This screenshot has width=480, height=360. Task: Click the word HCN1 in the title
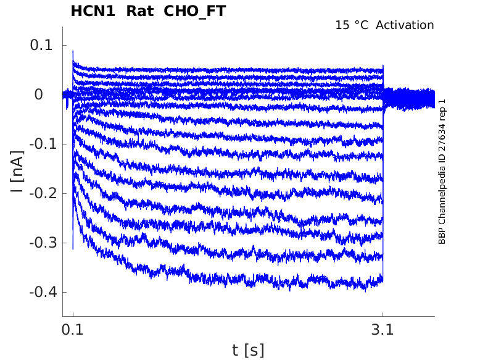tap(93, 11)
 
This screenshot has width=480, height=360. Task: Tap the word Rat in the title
tap(139, 11)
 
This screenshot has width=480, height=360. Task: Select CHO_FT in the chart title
tap(194, 11)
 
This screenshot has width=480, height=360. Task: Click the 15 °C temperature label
tap(352, 25)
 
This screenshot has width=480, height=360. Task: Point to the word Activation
tap(405, 25)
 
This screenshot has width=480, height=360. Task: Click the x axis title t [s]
tap(248, 350)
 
